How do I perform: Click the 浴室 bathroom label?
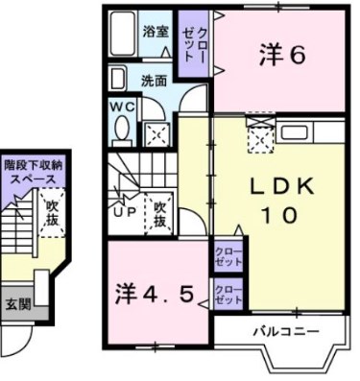[x=156, y=31]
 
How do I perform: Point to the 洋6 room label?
[x=281, y=56]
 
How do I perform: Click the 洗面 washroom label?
[x=154, y=81]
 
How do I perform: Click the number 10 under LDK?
[x=278, y=217]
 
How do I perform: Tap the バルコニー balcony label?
[x=278, y=331]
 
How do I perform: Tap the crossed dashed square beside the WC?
[x=153, y=133]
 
